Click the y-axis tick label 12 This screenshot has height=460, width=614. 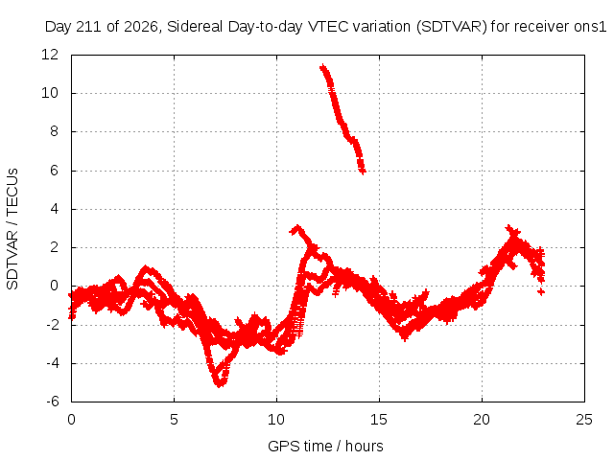point(50,55)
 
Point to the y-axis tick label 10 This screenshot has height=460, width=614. point(50,93)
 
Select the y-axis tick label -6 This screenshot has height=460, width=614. point(53,402)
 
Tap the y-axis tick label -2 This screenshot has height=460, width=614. point(53,324)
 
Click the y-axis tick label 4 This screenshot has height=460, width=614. point(54,209)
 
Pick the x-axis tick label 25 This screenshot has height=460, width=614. point(584,420)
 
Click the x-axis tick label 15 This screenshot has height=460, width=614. point(379,420)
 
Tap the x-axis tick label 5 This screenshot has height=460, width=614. point(174,420)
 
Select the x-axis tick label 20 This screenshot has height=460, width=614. point(482,420)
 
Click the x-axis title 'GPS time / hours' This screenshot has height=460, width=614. point(325,447)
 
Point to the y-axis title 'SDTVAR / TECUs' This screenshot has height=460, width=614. point(12,229)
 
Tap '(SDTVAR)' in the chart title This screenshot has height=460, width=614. point(451,27)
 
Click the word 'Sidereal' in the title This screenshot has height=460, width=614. point(195,27)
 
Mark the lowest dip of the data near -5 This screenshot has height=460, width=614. point(220,385)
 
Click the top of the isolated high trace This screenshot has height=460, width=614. point(322,67)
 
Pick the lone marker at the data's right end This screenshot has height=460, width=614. point(541,291)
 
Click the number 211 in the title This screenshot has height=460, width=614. point(89,27)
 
